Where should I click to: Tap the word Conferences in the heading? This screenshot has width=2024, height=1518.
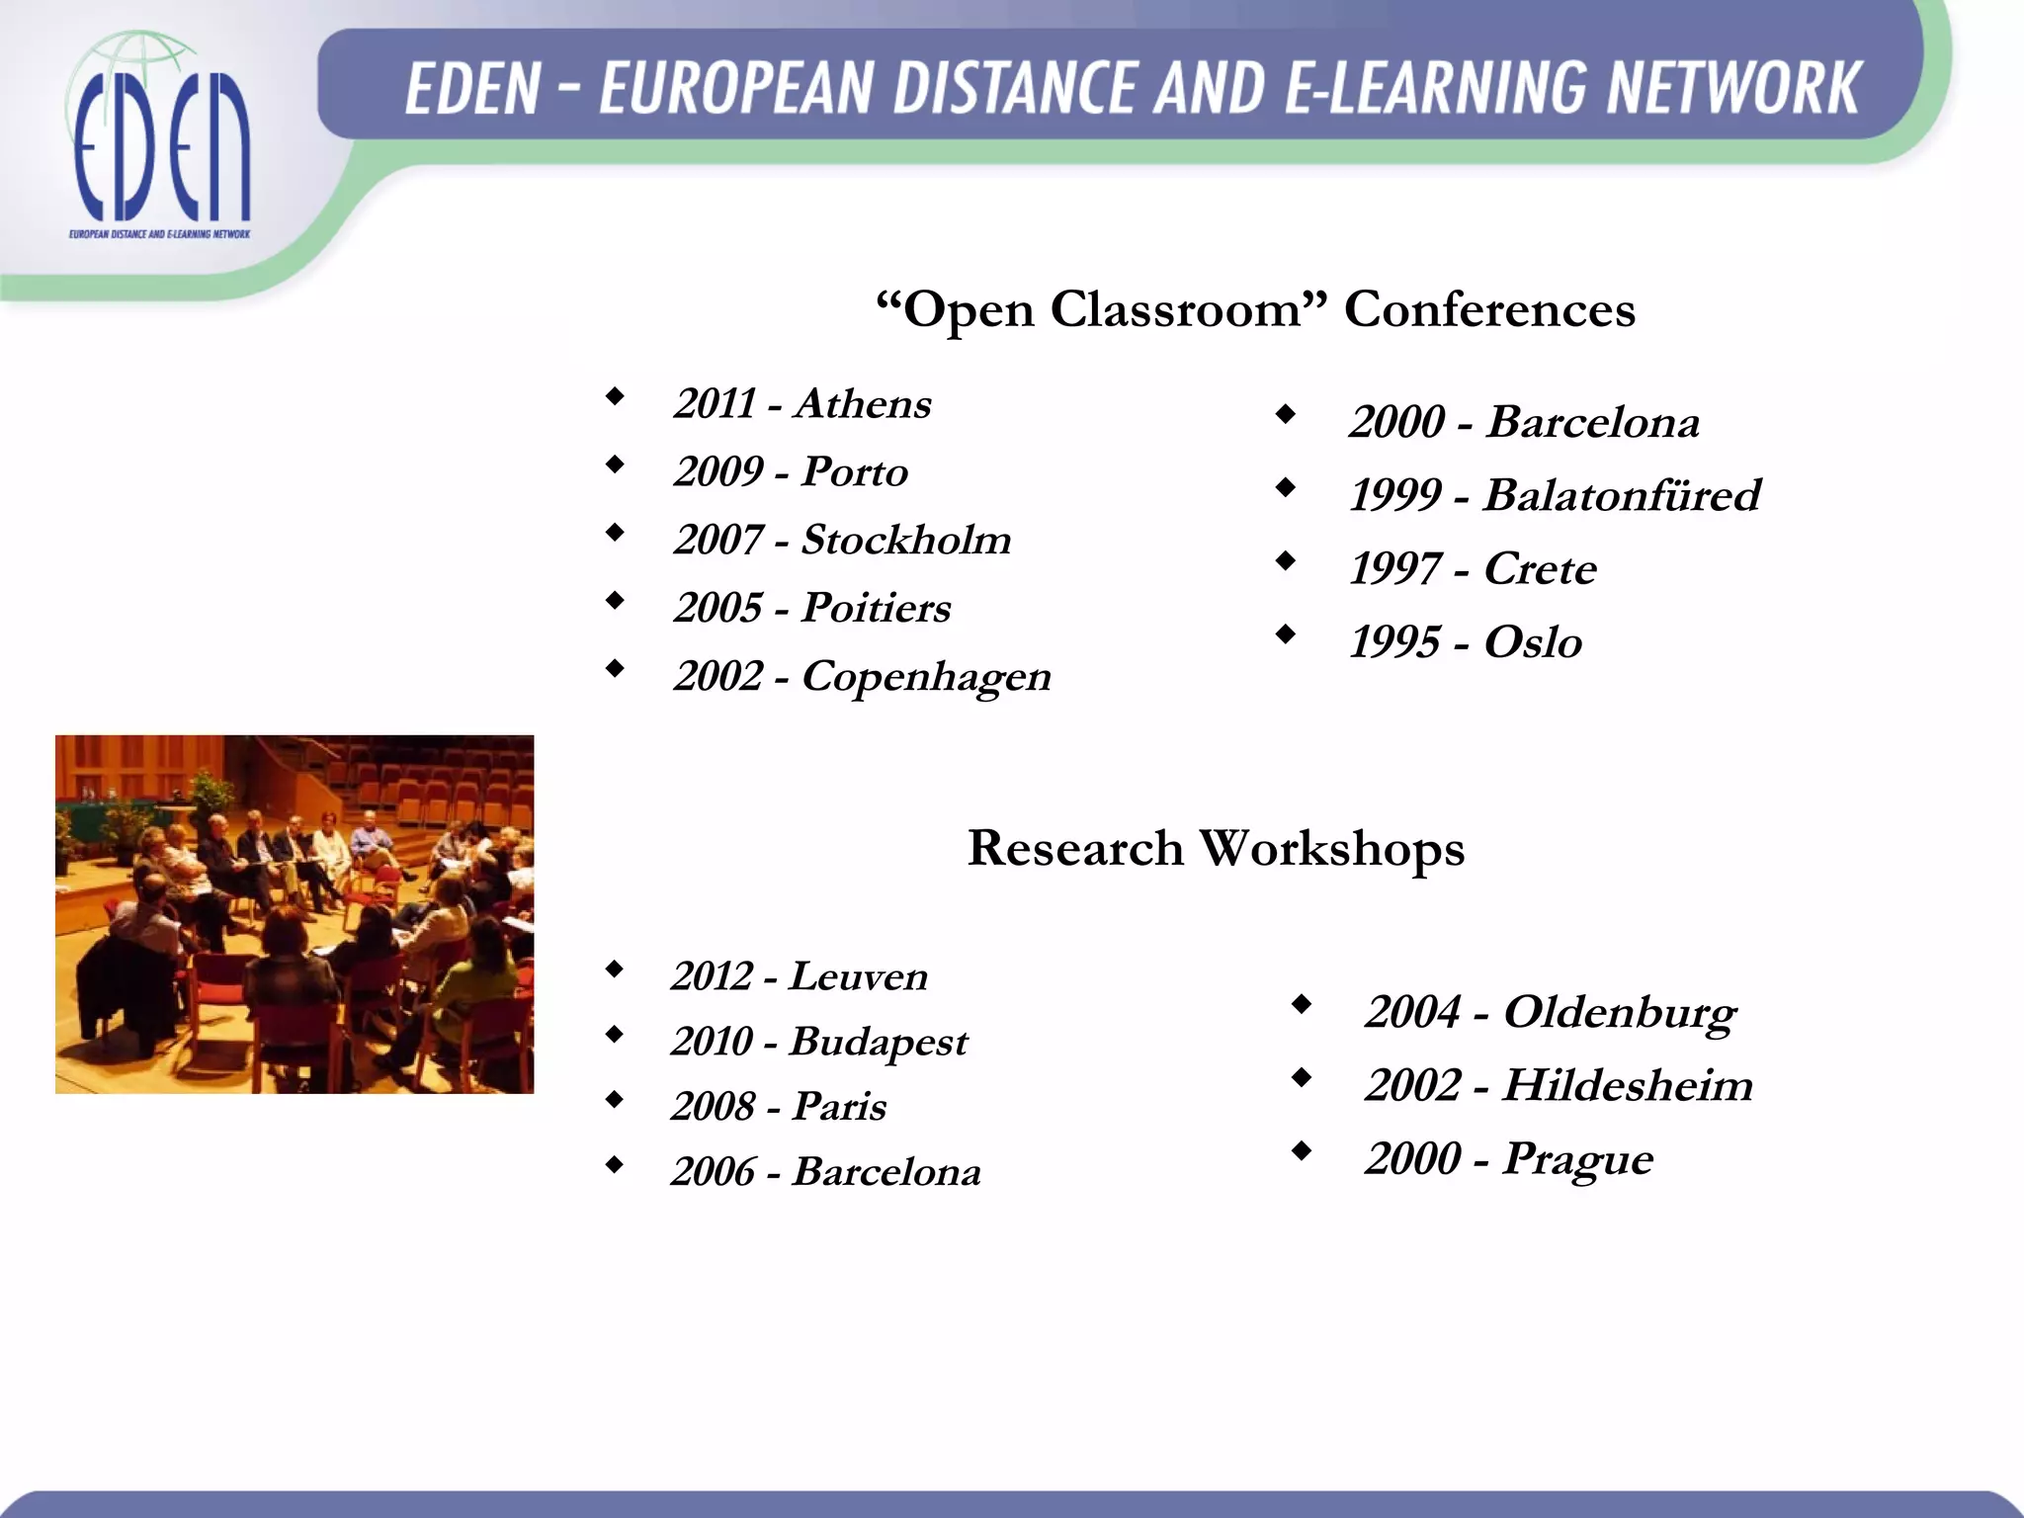(x=1489, y=309)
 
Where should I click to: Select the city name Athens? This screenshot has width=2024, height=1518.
(x=863, y=403)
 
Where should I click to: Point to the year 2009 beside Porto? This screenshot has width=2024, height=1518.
(x=718, y=471)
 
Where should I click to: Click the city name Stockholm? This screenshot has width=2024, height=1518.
(x=906, y=540)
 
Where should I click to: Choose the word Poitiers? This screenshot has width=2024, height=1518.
(x=876, y=608)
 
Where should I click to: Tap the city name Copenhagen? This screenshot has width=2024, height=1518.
(x=926, y=677)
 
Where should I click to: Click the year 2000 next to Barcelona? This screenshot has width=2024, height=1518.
(x=1396, y=422)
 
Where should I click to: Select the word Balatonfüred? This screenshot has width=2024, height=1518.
(x=1622, y=495)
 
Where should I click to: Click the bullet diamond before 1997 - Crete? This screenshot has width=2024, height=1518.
(x=1285, y=560)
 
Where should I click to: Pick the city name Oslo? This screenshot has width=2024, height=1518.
(x=1533, y=642)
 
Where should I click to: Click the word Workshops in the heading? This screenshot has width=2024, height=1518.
(x=1331, y=849)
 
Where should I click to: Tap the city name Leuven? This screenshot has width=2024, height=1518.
(x=859, y=976)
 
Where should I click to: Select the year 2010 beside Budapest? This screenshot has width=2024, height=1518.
(x=712, y=1042)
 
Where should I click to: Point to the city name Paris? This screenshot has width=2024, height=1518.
(x=839, y=1107)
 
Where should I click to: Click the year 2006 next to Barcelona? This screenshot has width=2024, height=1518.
(x=713, y=1172)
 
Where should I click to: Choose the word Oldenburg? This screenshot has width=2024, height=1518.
(x=1619, y=1013)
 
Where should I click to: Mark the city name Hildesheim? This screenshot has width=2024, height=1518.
(x=1628, y=1085)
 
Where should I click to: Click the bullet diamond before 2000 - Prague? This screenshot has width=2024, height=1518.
(x=1302, y=1150)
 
